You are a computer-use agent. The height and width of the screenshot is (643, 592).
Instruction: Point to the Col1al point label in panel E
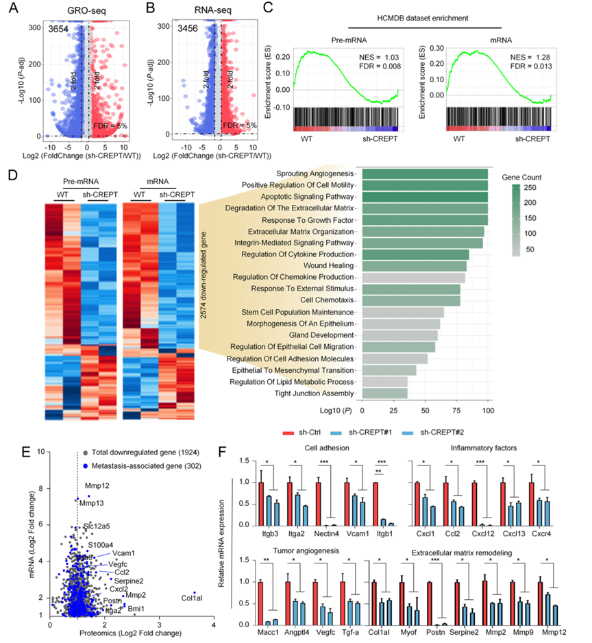pyautogui.click(x=194, y=597)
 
